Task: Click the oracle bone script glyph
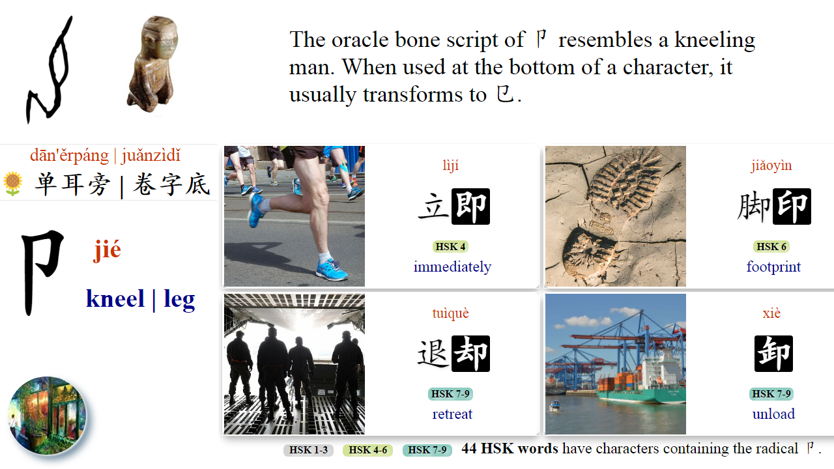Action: click(49, 72)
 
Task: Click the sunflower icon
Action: click(12, 184)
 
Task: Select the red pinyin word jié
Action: click(108, 249)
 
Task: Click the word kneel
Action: click(115, 299)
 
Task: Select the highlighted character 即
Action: click(470, 206)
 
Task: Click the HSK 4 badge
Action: click(450, 247)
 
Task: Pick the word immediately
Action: click(452, 267)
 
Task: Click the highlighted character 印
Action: click(792, 206)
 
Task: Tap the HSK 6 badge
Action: click(771, 247)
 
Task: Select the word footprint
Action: click(773, 267)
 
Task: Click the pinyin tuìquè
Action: click(450, 313)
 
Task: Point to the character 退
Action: click(433, 354)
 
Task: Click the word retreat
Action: click(452, 414)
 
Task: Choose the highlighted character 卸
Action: click(773, 354)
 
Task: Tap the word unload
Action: click(773, 414)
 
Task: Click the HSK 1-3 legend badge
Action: click(308, 450)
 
